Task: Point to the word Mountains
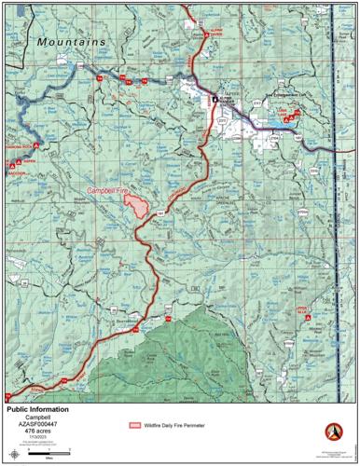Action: pyautogui.click(x=71, y=42)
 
